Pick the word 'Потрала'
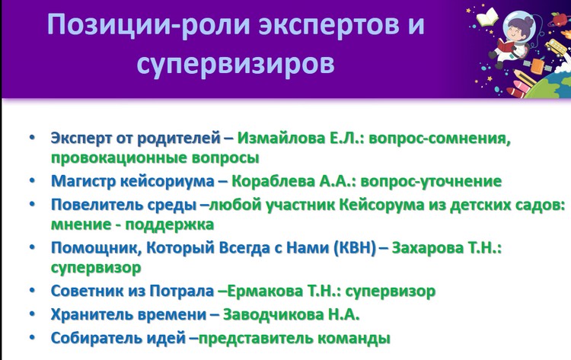[x=182, y=291]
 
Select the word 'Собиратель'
[x=96, y=338]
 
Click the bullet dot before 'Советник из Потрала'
[x=33, y=291]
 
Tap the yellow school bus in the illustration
[x=555, y=47]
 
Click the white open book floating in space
[x=487, y=18]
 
